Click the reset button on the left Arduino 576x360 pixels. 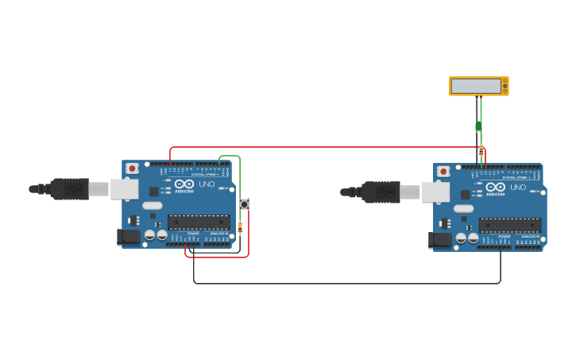point(132,168)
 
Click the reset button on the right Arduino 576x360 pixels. point(443,172)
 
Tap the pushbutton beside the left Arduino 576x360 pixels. point(244,204)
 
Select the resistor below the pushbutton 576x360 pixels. point(240,227)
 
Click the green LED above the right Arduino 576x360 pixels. point(478,126)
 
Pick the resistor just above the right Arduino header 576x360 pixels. point(481,149)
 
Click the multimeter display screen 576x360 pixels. point(476,86)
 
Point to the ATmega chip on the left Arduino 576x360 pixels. point(199,223)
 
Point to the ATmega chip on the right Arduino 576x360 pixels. point(510,226)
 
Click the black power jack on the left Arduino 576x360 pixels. point(130,236)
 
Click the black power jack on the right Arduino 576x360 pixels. point(441,239)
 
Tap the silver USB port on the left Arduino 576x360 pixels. point(124,189)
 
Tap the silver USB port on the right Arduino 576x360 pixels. point(435,192)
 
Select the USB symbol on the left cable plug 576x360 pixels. point(75,189)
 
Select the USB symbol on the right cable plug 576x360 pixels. point(387,192)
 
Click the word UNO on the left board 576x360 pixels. point(207,184)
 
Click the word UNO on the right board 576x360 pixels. point(518,188)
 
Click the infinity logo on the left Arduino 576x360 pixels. point(184,184)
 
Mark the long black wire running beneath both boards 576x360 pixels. point(346,283)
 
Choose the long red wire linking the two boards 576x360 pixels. point(326,147)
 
